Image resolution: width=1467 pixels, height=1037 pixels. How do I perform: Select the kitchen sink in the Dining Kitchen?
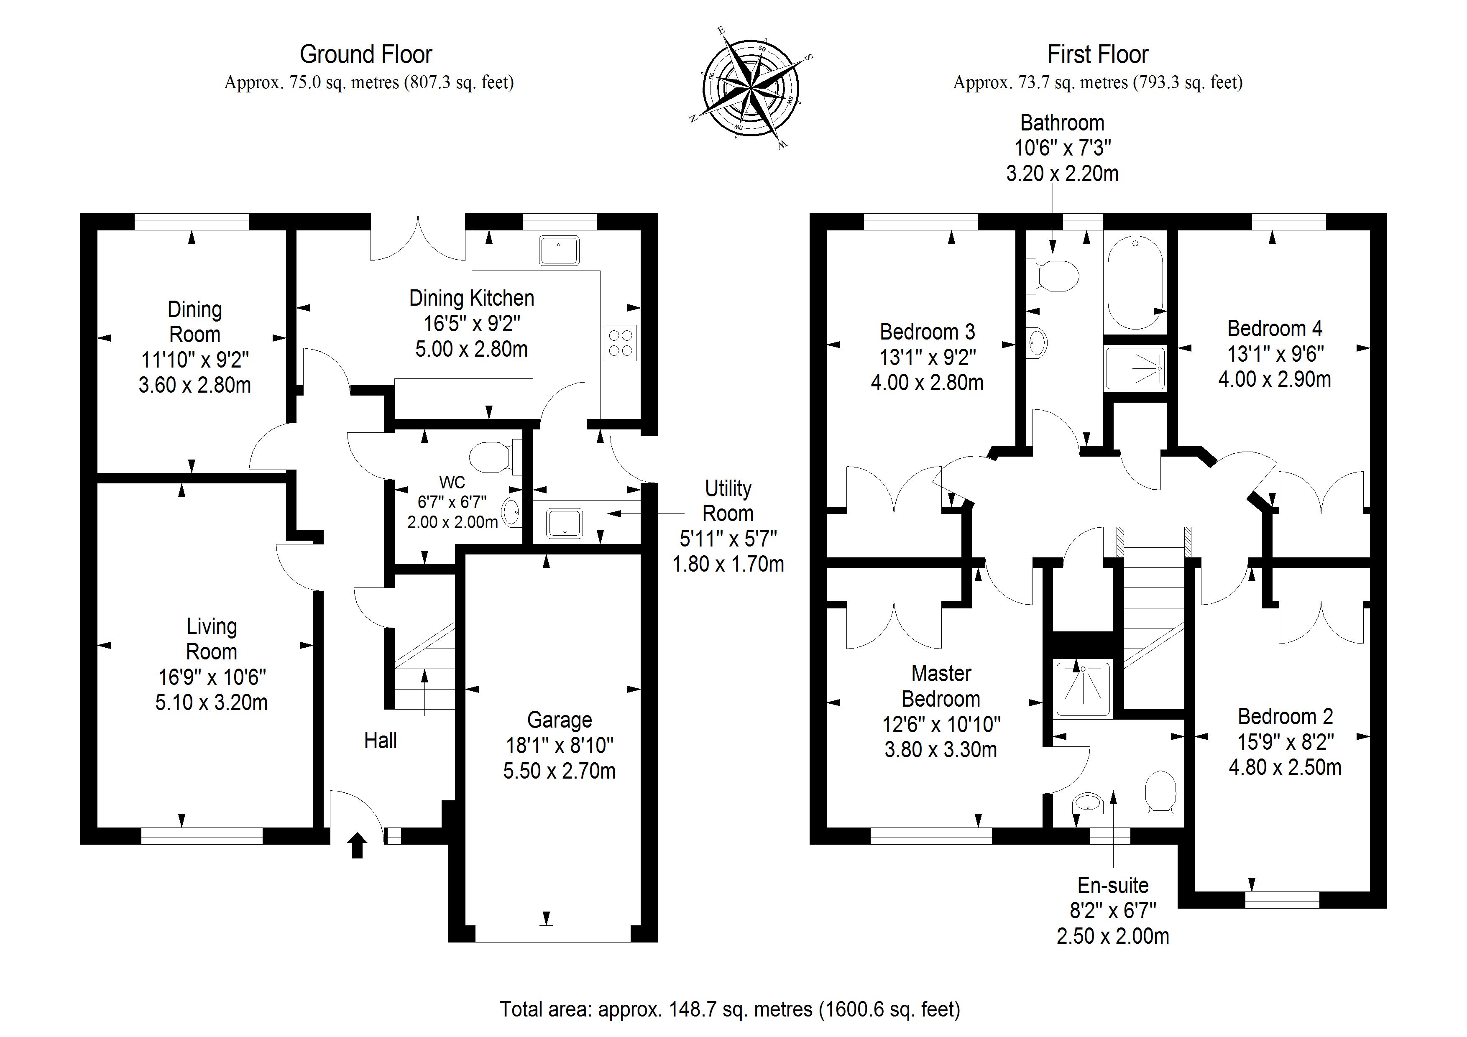[x=559, y=250]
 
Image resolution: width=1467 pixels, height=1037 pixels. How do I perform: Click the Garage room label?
[x=559, y=720]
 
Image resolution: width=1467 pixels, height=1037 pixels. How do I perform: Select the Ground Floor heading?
[x=366, y=54]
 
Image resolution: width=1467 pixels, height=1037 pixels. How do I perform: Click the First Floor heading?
[x=1098, y=54]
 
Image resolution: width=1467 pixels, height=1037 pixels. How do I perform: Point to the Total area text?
[x=730, y=1009]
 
